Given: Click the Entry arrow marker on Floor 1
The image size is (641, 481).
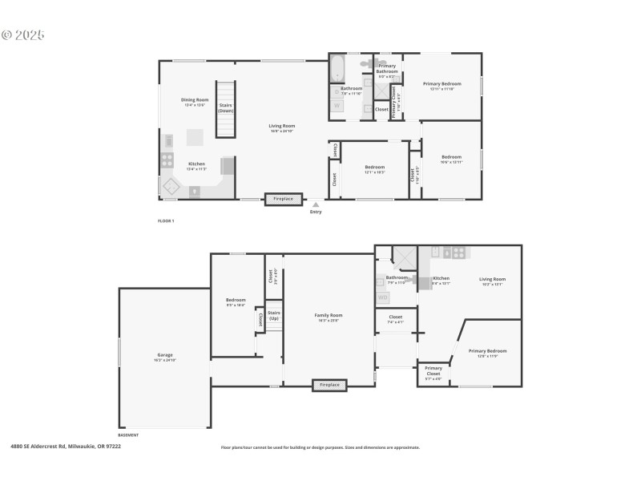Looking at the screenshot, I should pos(316,205).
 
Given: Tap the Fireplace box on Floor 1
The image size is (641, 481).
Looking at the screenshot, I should pos(284,199).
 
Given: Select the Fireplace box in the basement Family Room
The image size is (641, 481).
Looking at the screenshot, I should pos(330,385).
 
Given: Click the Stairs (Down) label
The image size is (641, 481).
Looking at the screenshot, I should pos(225,108).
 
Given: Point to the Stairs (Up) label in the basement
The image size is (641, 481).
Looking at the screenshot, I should pos(274,316).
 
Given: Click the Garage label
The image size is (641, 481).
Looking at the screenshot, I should pos(164,357).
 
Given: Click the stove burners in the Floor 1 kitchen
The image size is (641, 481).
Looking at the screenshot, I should pos(167,160).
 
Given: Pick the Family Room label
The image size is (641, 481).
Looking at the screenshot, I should pos(328,317).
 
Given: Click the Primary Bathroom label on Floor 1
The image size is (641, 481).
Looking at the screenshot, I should pos(387,71).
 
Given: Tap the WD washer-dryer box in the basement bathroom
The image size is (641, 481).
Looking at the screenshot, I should pos(383,297).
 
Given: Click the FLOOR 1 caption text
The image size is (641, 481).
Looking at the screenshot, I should pos(165,220).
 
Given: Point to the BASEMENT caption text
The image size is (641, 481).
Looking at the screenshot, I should pos(128,435).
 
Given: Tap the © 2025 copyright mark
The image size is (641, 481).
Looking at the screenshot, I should pos(23,35).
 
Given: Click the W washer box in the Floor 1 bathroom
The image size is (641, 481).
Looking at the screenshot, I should pos(337,104).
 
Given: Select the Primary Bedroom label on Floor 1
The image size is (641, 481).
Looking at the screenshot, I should pos(441,86).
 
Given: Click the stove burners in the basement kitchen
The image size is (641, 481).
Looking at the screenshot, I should pos(458,252).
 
